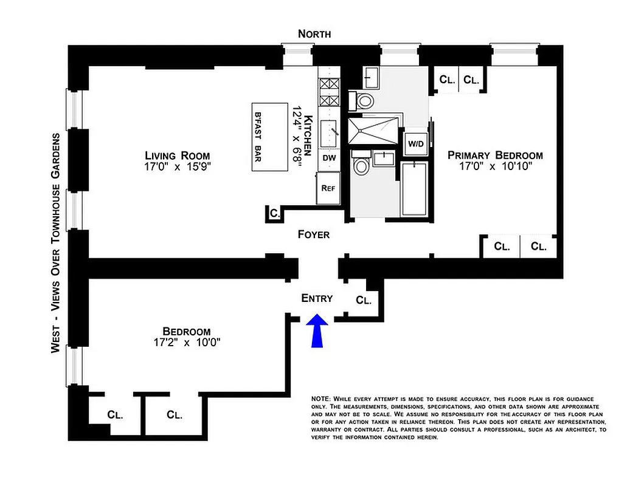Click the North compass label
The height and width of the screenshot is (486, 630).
[314, 34]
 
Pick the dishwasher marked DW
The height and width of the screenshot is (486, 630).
[328, 157]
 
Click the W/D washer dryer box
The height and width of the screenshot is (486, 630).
[416, 145]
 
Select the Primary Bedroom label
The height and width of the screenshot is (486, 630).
[495, 155]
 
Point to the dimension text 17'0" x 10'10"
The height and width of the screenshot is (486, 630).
[495, 167]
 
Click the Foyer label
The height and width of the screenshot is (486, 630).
[313, 234]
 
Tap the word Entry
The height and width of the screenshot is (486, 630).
[317, 298]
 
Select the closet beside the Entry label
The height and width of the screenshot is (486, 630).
[364, 299]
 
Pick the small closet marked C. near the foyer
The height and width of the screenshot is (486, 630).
[274, 213]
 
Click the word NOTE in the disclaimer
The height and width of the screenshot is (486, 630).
[320, 398]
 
